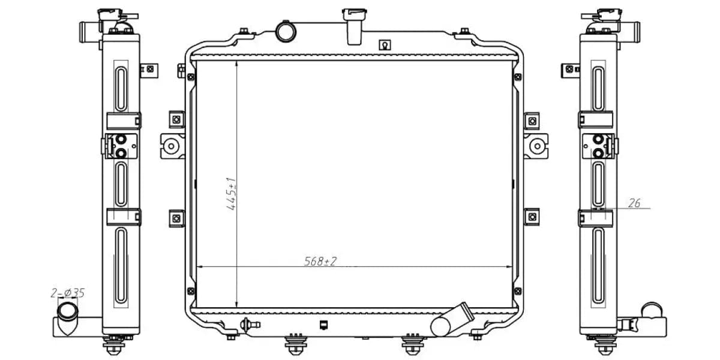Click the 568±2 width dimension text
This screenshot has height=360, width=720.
point(320,261)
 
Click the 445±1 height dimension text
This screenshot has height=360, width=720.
point(232,194)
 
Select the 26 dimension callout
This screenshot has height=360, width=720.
point(634,203)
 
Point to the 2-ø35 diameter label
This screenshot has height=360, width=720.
point(67,293)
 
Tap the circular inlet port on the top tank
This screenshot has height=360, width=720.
point(286,31)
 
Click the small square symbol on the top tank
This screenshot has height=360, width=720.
point(385,44)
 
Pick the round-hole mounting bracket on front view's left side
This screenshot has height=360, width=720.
point(172,146)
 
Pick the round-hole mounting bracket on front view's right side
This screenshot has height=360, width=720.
point(536,146)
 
